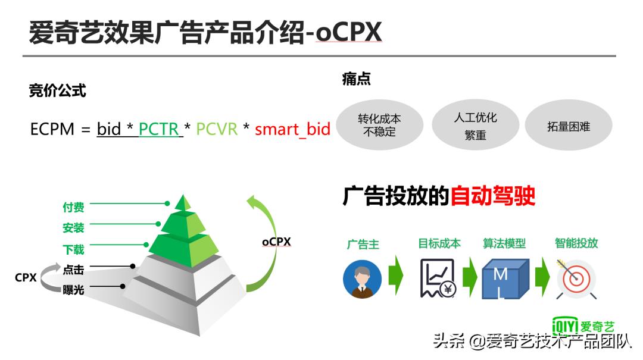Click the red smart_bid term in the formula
pos(292,129)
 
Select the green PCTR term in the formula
pos(159,129)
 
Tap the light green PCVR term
pos(217,129)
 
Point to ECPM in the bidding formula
pos(52,129)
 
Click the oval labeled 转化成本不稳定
pos(379,125)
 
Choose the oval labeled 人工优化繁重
pos(475,125)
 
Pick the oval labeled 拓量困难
pos(568,126)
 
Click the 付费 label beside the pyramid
pos(73,207)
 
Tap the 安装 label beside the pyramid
pos(73,227)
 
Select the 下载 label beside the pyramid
pos(73,250)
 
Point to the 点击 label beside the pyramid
pos(73,270)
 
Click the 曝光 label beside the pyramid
pos(73,290)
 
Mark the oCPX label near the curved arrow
pos(276,242)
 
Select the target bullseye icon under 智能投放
pos(576,278)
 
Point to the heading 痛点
pos(356,79)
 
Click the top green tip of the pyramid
pos(183,203)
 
